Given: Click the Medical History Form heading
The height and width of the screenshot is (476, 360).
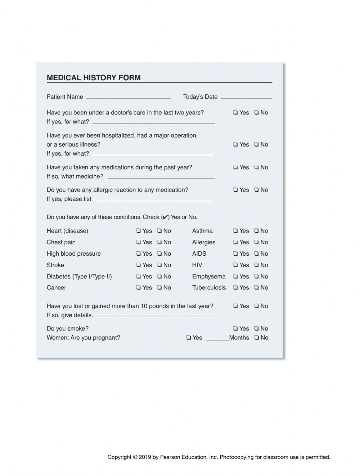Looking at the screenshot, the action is (x=94, y=78).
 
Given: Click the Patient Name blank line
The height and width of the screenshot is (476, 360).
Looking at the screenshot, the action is (x=128, y=97).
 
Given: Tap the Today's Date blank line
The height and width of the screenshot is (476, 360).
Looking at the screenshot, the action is (x=246, y=97).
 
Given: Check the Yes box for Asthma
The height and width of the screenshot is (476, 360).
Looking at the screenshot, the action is (x=235, y=231).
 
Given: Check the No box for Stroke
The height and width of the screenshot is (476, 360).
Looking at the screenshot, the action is (x=159, y=265).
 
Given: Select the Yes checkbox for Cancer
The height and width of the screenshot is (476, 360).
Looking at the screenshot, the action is (x=139, y=288).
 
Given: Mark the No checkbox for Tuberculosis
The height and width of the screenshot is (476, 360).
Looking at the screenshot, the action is (x=256, y=288).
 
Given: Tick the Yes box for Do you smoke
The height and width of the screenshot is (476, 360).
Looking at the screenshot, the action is (x=235, y=329).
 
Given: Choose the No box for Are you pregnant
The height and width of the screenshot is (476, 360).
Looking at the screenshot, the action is (x=256, y=338).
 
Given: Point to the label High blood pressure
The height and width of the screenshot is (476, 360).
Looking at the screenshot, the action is (x=73, y=254).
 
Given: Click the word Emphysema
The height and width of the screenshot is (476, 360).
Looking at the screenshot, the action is (x=209, y=277).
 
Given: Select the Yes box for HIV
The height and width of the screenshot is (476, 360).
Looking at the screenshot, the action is (x=235, y=265).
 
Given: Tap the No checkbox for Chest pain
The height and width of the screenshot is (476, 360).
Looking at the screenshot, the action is (x=159, y=242).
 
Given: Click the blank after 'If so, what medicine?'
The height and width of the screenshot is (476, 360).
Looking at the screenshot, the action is (x=161, y=177).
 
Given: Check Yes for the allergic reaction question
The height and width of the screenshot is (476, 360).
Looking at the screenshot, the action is (x=235, y=190).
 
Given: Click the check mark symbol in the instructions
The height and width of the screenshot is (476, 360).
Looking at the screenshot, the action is (x=165, y=217).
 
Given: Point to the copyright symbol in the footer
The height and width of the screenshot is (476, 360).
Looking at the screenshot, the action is (x=135, y=457).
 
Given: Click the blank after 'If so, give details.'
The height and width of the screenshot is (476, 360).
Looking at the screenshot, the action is (x=155, y=316).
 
